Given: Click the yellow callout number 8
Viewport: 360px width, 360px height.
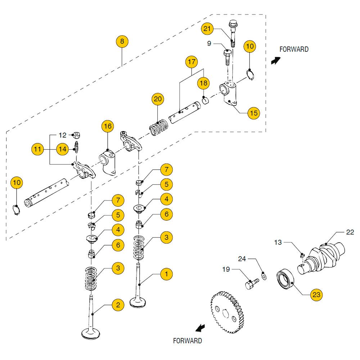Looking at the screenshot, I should [122, 42].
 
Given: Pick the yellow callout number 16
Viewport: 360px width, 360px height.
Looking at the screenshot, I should [108, 126].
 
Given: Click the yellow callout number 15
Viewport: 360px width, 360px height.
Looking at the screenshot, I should [254, 113].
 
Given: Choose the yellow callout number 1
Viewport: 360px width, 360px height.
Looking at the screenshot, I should [166, 274].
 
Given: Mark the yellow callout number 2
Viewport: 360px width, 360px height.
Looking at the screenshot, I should [117, 305].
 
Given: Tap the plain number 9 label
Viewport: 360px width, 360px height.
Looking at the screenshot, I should [209, 44].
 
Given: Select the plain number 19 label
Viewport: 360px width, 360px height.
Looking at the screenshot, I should [226, 269].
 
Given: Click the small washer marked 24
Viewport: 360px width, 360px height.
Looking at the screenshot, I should [264, 276].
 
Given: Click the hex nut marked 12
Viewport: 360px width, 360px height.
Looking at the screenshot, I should [76, 136].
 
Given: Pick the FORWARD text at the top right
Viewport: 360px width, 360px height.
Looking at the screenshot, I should [294, 49].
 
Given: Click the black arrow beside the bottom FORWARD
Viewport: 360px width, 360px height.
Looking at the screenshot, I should [200, 327].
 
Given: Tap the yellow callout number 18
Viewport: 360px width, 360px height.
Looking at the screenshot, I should [203, 84].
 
